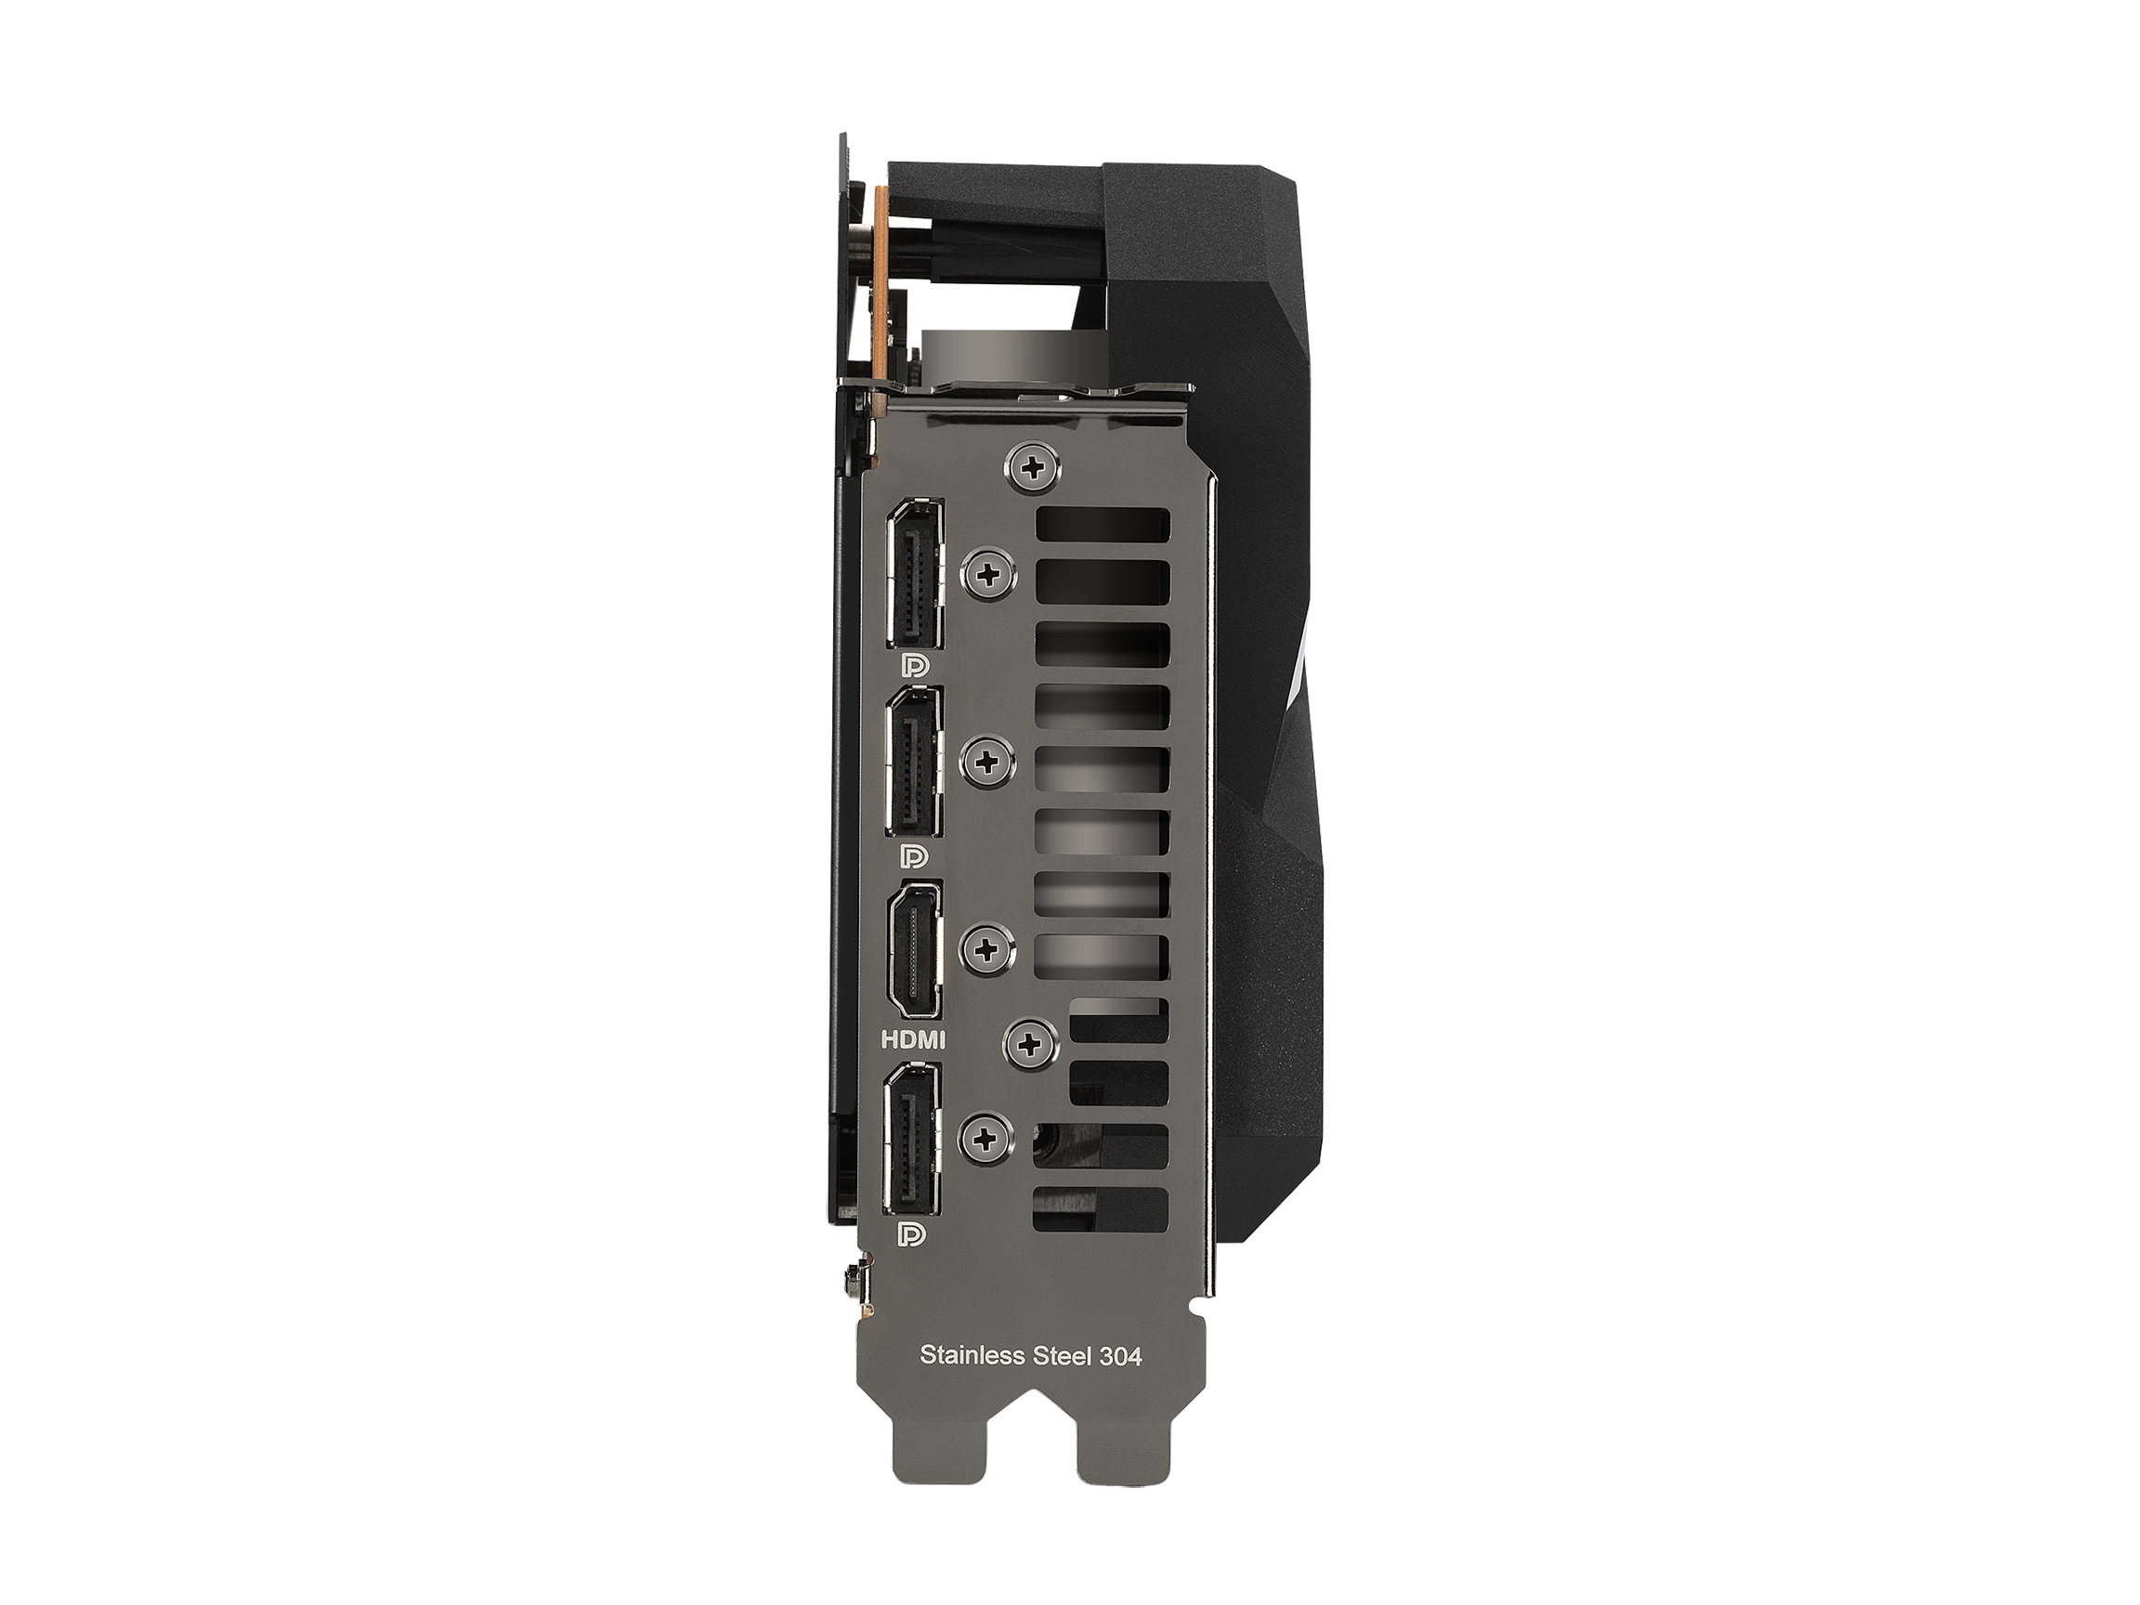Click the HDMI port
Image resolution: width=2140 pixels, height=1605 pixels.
point(913,950)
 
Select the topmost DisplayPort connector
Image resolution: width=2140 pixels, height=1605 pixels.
point(914,573)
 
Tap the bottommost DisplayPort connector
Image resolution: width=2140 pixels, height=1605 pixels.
point(912,1138)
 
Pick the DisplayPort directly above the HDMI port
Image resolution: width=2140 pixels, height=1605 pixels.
point(913,762)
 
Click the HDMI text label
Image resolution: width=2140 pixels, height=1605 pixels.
point(912,1040)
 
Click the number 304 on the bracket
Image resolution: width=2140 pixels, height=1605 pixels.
point(1120,1355)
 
